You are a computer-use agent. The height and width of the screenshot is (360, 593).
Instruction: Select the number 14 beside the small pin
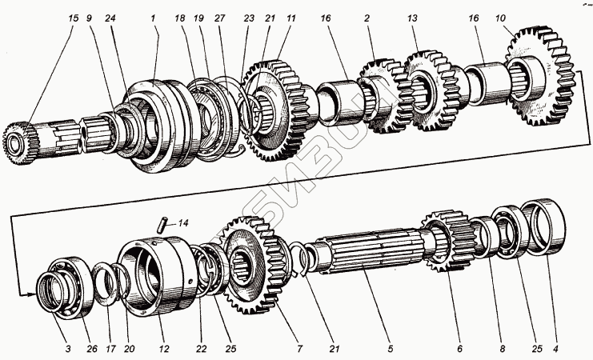point(184,225)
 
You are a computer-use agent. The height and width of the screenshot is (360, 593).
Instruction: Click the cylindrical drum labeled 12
point(156,276)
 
